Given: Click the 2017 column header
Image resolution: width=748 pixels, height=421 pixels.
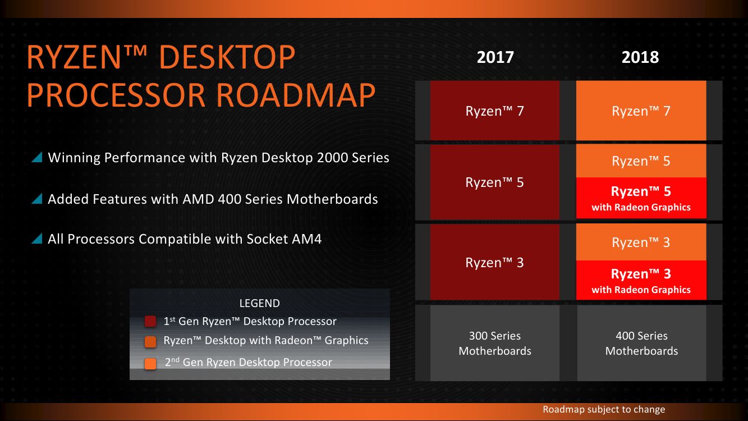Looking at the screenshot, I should click(x=495, y=57).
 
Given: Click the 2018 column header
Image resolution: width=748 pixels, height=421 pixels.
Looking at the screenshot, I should click(x=640, y=57).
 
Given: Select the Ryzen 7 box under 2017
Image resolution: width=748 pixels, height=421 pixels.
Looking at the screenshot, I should click(x=494, y=111).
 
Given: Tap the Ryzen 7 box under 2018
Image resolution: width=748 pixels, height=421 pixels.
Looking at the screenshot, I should click(x=641, y=111).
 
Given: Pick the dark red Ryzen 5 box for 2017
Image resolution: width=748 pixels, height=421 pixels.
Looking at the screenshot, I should click(x=494, y=182).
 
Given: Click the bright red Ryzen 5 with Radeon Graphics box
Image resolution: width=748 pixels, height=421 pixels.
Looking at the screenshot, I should click(x=641, y=198).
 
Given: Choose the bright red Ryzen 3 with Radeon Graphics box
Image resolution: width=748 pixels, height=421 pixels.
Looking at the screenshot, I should click(x=641, y=281).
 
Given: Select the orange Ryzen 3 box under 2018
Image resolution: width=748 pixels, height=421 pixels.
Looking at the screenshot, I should click(x=641, y=242).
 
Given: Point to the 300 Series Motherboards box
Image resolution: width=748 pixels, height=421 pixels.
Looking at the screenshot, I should click(x=494, y=343).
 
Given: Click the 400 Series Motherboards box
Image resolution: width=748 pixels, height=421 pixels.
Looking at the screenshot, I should click(x=641, y=343).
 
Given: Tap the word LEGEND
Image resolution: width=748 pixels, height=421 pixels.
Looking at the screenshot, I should click(x=259, y=304).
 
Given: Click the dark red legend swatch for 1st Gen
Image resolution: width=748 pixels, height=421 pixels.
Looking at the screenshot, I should click(x=150, y=322).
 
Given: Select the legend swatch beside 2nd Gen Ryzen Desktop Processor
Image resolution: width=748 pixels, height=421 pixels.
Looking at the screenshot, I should click(x=150, y=363).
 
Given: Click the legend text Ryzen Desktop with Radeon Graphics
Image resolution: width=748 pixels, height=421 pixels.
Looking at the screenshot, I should click(x=266, y=340).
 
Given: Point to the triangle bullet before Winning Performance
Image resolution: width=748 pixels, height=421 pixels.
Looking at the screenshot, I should click(x=37, y=157).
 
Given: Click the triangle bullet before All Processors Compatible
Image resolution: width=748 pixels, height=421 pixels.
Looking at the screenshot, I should click(x=37, y=239).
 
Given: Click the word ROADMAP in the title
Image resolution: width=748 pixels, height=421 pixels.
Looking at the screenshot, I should click(x=296, y=95).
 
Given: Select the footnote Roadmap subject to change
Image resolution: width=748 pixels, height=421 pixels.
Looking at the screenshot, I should click(x=604, y=409).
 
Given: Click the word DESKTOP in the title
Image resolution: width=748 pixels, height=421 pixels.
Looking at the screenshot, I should click(x=227, y=57).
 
